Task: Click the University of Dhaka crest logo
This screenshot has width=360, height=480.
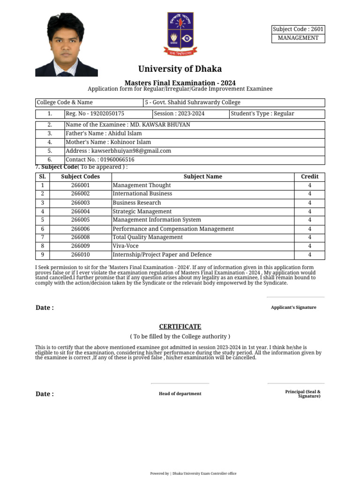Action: pos(180,34)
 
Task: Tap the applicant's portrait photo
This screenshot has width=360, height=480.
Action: pos(66,45)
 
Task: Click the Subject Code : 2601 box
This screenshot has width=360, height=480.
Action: pos(298,29)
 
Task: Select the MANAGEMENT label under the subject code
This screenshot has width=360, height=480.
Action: pos(298,38)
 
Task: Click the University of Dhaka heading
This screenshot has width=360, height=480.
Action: pos(180,69)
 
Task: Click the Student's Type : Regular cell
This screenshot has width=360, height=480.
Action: pos(265,113)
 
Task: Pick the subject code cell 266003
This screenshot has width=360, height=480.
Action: pos(80,203)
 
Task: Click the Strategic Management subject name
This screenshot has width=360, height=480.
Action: pos(142,211)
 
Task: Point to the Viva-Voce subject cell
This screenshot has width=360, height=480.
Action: pos(126,246)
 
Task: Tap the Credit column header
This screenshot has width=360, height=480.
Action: pos(309,177)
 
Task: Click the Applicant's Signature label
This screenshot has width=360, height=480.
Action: pos(293,307)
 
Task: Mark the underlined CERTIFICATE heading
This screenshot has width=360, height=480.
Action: pos(180,326)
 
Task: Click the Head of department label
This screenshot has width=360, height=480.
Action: pos(180,394)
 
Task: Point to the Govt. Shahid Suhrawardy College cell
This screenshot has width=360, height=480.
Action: pos(193,102)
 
